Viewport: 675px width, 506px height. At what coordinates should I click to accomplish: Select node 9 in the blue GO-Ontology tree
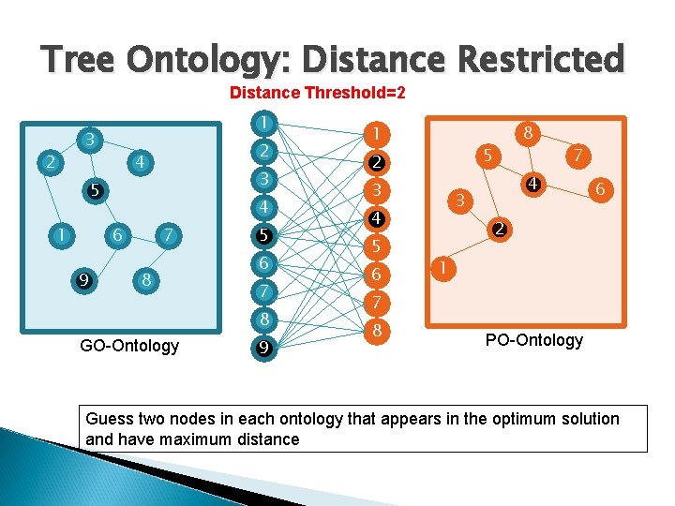(x=83, y=278)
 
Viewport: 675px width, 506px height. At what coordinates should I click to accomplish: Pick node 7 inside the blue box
(x=167, y=233)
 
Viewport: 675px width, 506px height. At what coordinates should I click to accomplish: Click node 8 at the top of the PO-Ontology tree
(x=528, y=133)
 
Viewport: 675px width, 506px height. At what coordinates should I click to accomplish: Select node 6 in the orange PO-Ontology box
(x=600, y=190)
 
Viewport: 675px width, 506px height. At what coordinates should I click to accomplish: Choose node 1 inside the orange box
(x=443, y=269)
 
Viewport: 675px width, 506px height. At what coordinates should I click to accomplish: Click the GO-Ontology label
(x=129, y=346)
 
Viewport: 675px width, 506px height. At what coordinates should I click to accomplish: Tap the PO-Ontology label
(x=533, y=340)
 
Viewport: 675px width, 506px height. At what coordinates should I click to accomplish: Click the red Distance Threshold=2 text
(x=317, y=94)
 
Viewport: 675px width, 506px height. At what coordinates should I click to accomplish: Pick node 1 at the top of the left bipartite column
(x=266, y=123)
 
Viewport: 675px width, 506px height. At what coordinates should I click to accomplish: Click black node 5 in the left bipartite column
(x=266, y=235)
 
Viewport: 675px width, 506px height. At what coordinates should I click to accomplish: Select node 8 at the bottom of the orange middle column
(x=375, y=331)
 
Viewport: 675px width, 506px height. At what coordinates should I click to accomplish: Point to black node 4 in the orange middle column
(x=375, y=219)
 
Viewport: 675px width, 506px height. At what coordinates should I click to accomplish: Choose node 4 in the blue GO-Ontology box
(x=140, y=162)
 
